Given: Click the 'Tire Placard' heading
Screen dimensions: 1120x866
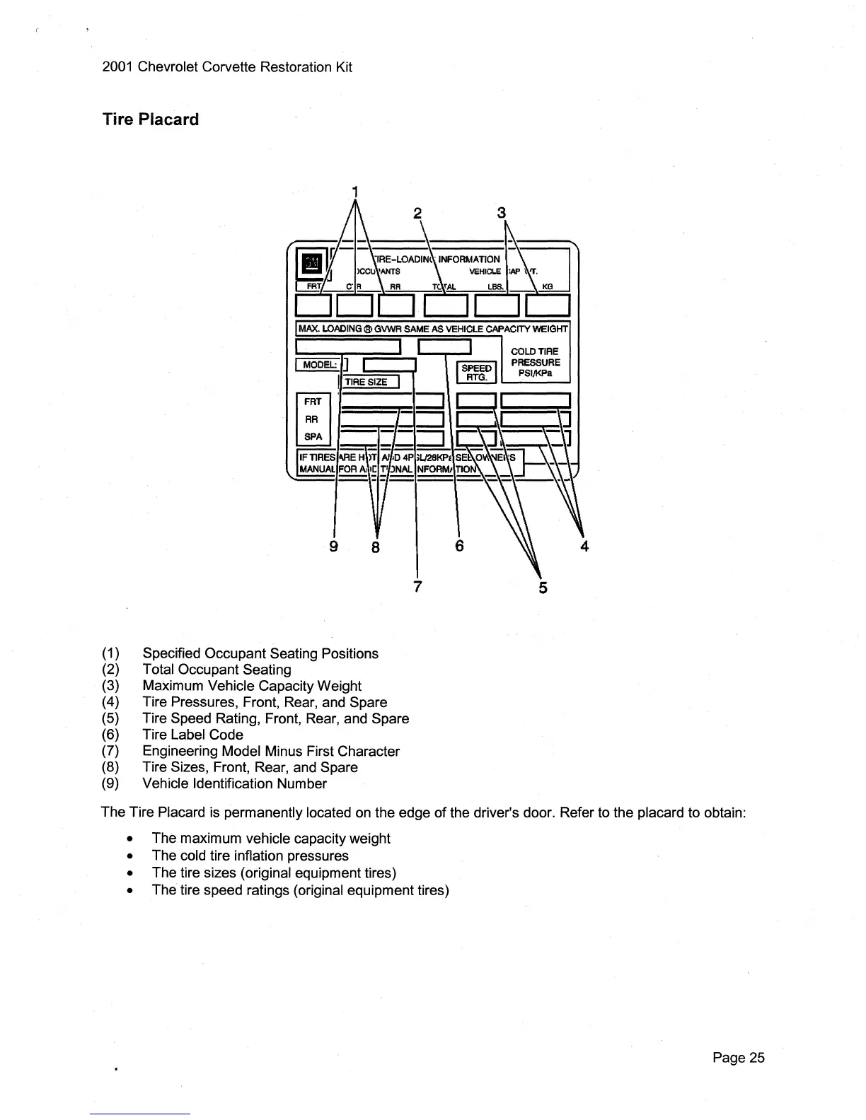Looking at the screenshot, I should click(x=151, y=119).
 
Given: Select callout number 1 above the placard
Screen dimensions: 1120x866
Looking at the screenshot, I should click(x=356, y=191).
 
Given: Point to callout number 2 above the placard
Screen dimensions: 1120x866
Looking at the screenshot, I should click(x=417, y=213).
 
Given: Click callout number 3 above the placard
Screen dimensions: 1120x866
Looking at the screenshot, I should click(x=502, y=213).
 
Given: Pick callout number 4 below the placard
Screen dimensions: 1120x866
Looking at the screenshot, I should click(x=584, y=546).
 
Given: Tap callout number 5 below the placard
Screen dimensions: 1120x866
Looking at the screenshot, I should click(x=543, y=588).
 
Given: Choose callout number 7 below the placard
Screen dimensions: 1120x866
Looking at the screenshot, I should click(x=417, y=587).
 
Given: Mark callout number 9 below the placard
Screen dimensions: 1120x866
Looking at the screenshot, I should click(x=334, y=546).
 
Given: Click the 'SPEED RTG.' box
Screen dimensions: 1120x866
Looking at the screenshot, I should click(x=476, y=373).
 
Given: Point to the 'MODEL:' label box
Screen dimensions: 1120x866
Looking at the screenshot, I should click(x=318, y=365).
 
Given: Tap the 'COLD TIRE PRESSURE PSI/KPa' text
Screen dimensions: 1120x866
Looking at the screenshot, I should click(x=535, y=362).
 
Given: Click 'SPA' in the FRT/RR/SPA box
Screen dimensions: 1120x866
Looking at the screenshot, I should click(x=313, y=436).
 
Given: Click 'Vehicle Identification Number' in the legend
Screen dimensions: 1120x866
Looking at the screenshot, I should click(x=234, y=783).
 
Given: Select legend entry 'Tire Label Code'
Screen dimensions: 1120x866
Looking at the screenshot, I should click(x=192, y=735).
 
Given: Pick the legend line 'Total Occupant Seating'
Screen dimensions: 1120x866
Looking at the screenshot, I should click(x=216, y=670).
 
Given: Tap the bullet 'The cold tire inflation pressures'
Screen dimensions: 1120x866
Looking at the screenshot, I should click(x=250, y=856).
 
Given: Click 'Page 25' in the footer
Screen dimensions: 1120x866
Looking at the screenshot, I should click(x=739, y=1058).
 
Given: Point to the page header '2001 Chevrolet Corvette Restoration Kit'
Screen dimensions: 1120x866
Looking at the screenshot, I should click(x=227, y=67).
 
